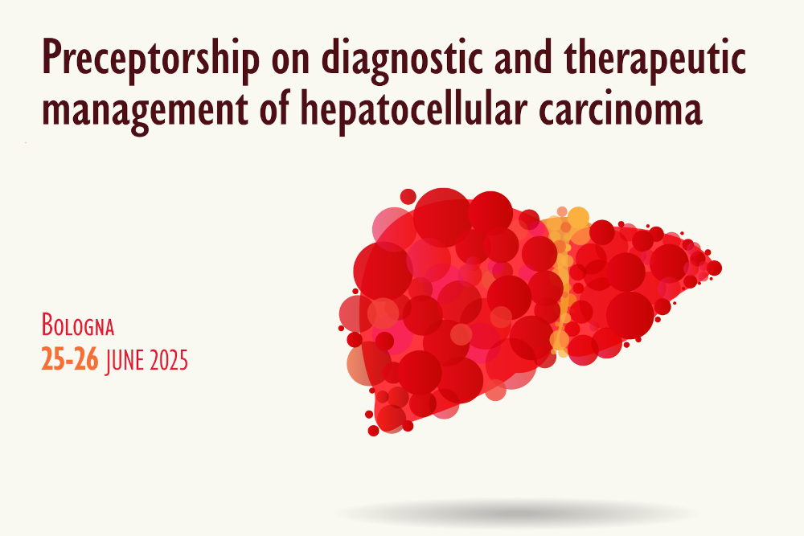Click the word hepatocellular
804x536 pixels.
coord(414,108)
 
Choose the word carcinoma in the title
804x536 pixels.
coord(620,108)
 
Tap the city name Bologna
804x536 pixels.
coord(78,325)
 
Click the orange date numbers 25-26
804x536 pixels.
coord(70,359)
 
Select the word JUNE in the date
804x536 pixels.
coord(125,360)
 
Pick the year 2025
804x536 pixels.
coord(169,360)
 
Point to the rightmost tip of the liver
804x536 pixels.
coord(721,268)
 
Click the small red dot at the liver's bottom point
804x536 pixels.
coord(373,431)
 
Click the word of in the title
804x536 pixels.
coord(274,108)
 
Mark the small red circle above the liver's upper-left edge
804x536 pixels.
coord(408,196)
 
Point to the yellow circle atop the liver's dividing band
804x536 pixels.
coord(578,218)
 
